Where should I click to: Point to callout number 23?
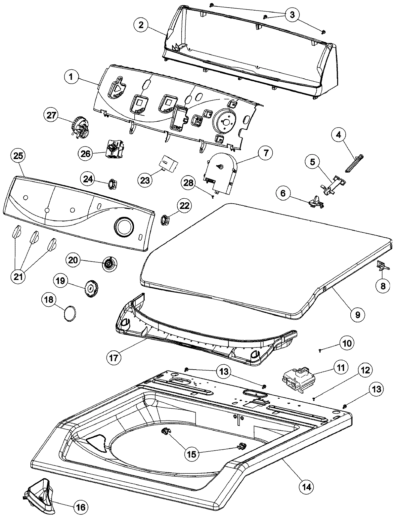pos(146,180)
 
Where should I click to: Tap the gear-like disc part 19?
pos(90,290)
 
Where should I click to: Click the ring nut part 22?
pos(165,220)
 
